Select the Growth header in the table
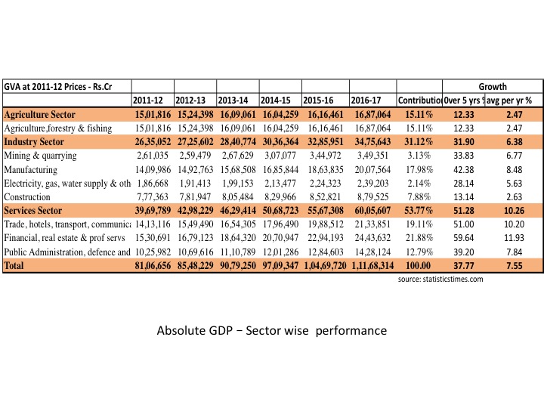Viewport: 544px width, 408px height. [x=493, y=87]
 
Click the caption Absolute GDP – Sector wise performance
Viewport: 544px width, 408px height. [x=271, y=331]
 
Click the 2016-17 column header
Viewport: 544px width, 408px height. [x=367, y=100]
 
